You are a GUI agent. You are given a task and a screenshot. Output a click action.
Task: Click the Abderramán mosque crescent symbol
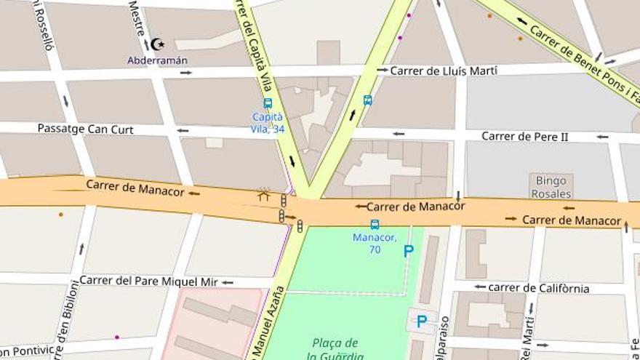pyautogui.click(x=157, y=44)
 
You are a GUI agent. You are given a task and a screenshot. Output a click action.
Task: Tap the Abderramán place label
pyautogui.click(x=157, y=60)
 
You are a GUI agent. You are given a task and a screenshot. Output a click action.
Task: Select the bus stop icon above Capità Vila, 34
pyautogui.click(x=268, y=103)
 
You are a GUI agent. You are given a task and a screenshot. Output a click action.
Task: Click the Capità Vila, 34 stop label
pyautogui.click(x=268, y=123)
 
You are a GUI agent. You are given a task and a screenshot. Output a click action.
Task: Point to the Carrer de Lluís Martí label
pyautogui.click(x=444, y=71)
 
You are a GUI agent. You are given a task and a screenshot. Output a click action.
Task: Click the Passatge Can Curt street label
pyautogui.click(x=86, y=129)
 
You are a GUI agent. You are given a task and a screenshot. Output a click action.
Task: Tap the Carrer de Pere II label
pyautogui.click(x=524, y=136)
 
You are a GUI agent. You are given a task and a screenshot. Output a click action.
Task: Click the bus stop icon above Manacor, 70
pyautogui.click(x=375, y=225)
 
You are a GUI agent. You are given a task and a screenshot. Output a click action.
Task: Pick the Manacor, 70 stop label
pyautogui.click(x=375, y=243)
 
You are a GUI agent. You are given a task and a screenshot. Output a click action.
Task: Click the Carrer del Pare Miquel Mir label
pyautogui.click(x=148, y=281)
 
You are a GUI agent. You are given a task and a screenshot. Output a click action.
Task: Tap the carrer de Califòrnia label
pyautogui.click(x=538, y=288)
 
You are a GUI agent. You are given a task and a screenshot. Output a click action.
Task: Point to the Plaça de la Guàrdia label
pyautogui.click(x=335, y=349)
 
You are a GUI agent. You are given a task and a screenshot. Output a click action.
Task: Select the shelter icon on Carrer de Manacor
pyautogui.click(x=263, y=194)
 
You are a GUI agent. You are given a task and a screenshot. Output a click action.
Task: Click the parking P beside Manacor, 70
pyautogui.click(x=409, y=251)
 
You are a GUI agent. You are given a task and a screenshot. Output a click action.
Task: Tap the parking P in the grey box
pyautogui.click(x=421, y=321)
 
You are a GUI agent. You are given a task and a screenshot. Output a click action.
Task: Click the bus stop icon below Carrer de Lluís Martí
pyautogui.click(x=368, y=100)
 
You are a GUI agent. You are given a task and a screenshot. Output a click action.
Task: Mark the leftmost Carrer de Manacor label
pyautogui.click(x=132, y=185)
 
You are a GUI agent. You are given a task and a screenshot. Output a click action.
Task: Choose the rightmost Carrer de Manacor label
pyautogui.click(x=572, y=220)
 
